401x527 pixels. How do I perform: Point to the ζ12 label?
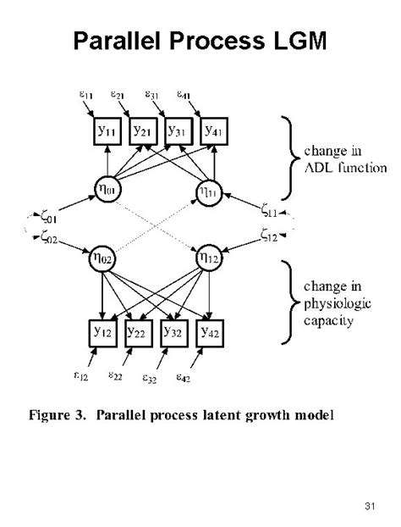click(x=266, y=238)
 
